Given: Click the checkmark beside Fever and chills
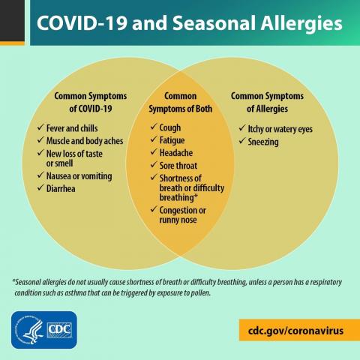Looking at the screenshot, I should click(x=41, y=128).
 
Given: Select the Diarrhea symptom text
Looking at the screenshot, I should click(x=61, y=188).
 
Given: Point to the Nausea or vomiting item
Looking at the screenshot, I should click(x=79, y=175).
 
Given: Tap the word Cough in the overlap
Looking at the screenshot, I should click(x=170, y=128).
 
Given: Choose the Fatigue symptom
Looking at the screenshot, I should click(x=173, y=140).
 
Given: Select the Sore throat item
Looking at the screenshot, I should click(x=179, y=164).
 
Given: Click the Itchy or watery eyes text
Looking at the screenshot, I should click(x=280, y=129).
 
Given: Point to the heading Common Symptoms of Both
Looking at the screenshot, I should click(x=180, y=102).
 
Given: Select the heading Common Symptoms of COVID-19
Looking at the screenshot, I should click(x=90, y=102).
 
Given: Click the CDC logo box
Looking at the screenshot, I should click(x=59, y=329).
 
